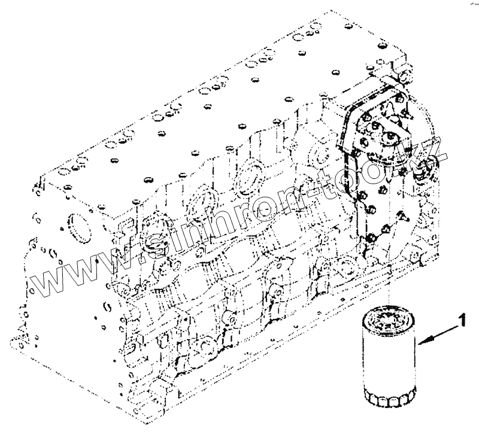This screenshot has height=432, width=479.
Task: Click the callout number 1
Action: (462, 321)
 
